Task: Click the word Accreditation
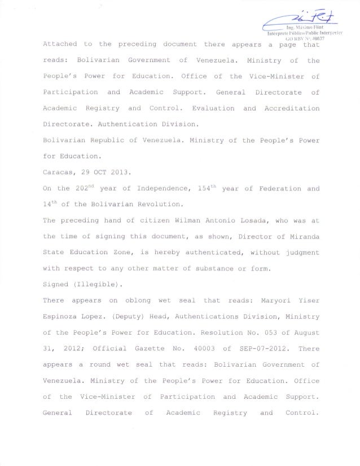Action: [x=289, y=108]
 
